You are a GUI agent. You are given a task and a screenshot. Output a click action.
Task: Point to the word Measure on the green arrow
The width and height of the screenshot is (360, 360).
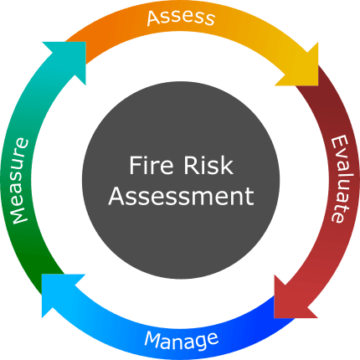(x=20, y=181)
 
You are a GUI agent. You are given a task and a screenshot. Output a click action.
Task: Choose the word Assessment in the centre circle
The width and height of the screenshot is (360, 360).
(x=180, y=197)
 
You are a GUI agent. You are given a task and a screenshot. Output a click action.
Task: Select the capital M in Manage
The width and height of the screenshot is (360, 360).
(x=152, y=339)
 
